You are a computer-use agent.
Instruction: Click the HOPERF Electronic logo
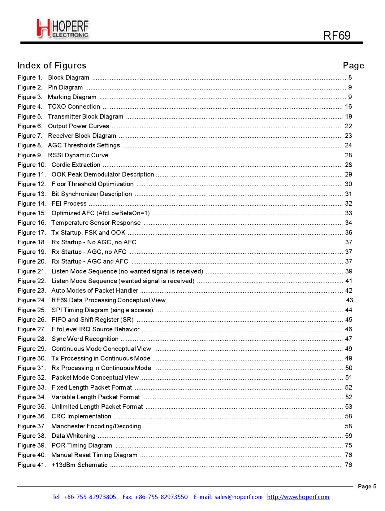tap(63, 28)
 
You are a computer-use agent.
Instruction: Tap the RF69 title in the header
tap(337, 36)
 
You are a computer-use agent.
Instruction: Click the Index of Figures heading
tap(52, 65)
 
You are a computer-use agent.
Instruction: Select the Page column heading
tap(353, 65)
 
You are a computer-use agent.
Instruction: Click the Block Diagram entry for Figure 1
tap(68, 77)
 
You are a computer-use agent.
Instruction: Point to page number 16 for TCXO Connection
tap(348, 107)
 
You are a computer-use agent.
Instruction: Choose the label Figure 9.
tap(30, 155)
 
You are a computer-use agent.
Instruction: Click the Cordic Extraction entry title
tap(76, 165)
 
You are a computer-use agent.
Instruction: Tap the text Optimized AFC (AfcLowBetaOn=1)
tap(101, 213)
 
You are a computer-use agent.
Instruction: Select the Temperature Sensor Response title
tap(96, 223)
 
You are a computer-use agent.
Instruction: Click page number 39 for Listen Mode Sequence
tap(348, 271)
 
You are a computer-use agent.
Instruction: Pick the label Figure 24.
tap(32, 300)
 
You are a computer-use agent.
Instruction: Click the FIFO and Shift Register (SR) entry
tap(93, 320)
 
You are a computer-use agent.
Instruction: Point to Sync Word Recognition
tap(85, 339)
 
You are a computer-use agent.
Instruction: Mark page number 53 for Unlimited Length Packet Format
tap(348, 407)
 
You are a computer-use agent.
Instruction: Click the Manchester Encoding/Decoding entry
tap(96, 426)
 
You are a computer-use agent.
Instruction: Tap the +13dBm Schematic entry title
tap(80, 465)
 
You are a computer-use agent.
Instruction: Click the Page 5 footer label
tap(367, 486)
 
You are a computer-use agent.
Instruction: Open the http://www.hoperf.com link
tap(298, 497)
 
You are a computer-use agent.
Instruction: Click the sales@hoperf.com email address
tap(238, 497)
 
